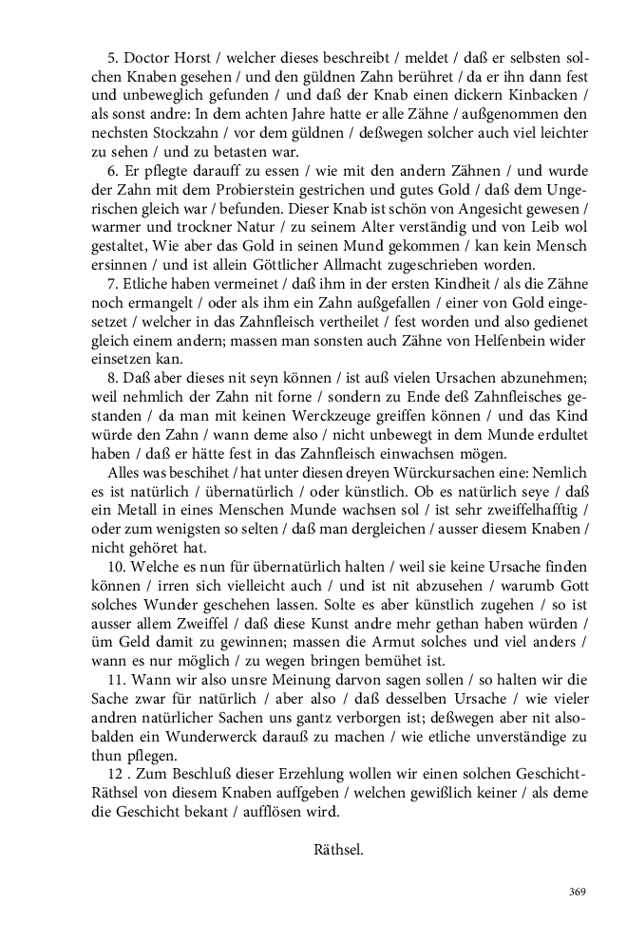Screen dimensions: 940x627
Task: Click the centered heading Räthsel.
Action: pos(338,850)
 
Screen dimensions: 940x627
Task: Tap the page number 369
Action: pos(577,892)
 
